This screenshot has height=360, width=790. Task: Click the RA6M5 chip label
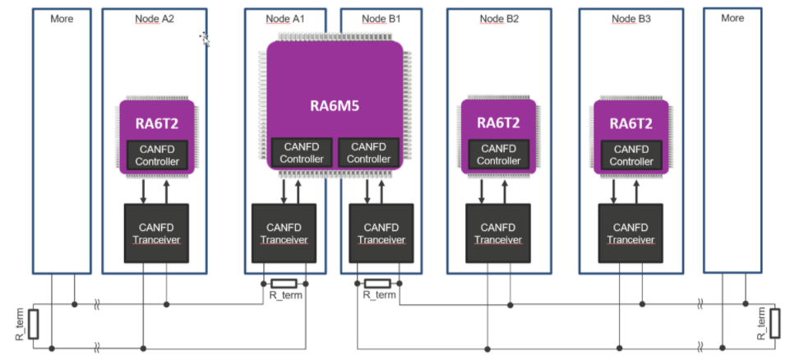[x=334, y=106]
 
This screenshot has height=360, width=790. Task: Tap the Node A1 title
[x=285, y=18]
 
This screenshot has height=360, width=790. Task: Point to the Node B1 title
[x=381, y=18]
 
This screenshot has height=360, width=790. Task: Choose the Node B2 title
[x=499, y=18]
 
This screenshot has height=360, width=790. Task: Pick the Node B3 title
[x=631, y=18]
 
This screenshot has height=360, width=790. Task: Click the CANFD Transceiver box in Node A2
[x=156, y=233]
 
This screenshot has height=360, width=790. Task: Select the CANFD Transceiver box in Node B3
[x=631, y=233]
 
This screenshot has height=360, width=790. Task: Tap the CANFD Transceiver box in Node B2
[x=499, y=233]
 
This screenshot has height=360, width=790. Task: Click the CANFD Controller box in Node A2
[x=157, y=155]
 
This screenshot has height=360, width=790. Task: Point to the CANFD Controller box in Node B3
[x=631, y=155]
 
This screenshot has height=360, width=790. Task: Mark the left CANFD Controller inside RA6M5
[x=302, y=152]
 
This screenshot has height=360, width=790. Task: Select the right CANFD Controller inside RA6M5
[x=369, y=152]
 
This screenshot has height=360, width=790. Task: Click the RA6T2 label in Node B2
[x=499, y=122]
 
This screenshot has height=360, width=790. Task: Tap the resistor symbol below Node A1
[x=284, y=283]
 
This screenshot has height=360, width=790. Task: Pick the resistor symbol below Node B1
[x=377, y=283]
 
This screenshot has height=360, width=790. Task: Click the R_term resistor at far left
[x=34, y=324]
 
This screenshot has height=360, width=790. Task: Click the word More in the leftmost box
[x=62, y=18]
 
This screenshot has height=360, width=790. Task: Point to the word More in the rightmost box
[x=732, y=18]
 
